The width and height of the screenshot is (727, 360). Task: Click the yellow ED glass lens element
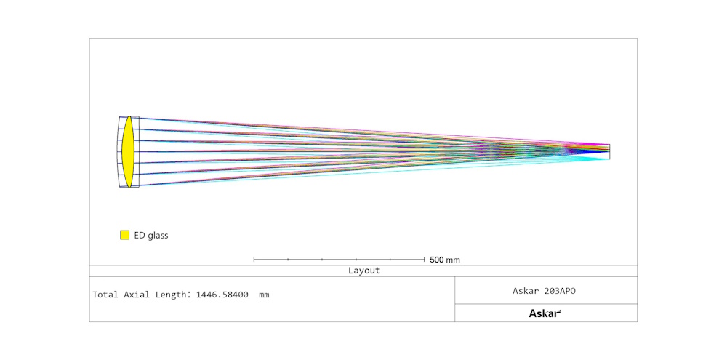point(128,152)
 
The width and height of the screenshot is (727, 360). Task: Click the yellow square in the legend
point(124,235)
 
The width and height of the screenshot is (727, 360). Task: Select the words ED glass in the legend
point(151,235)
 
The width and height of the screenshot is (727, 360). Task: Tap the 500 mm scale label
point(445,260)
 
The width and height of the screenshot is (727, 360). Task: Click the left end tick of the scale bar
point(254,260)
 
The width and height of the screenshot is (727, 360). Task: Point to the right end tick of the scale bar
point(425,260)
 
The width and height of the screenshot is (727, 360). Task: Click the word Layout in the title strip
point(364,271)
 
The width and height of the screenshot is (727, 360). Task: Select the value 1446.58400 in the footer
point(222,294)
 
